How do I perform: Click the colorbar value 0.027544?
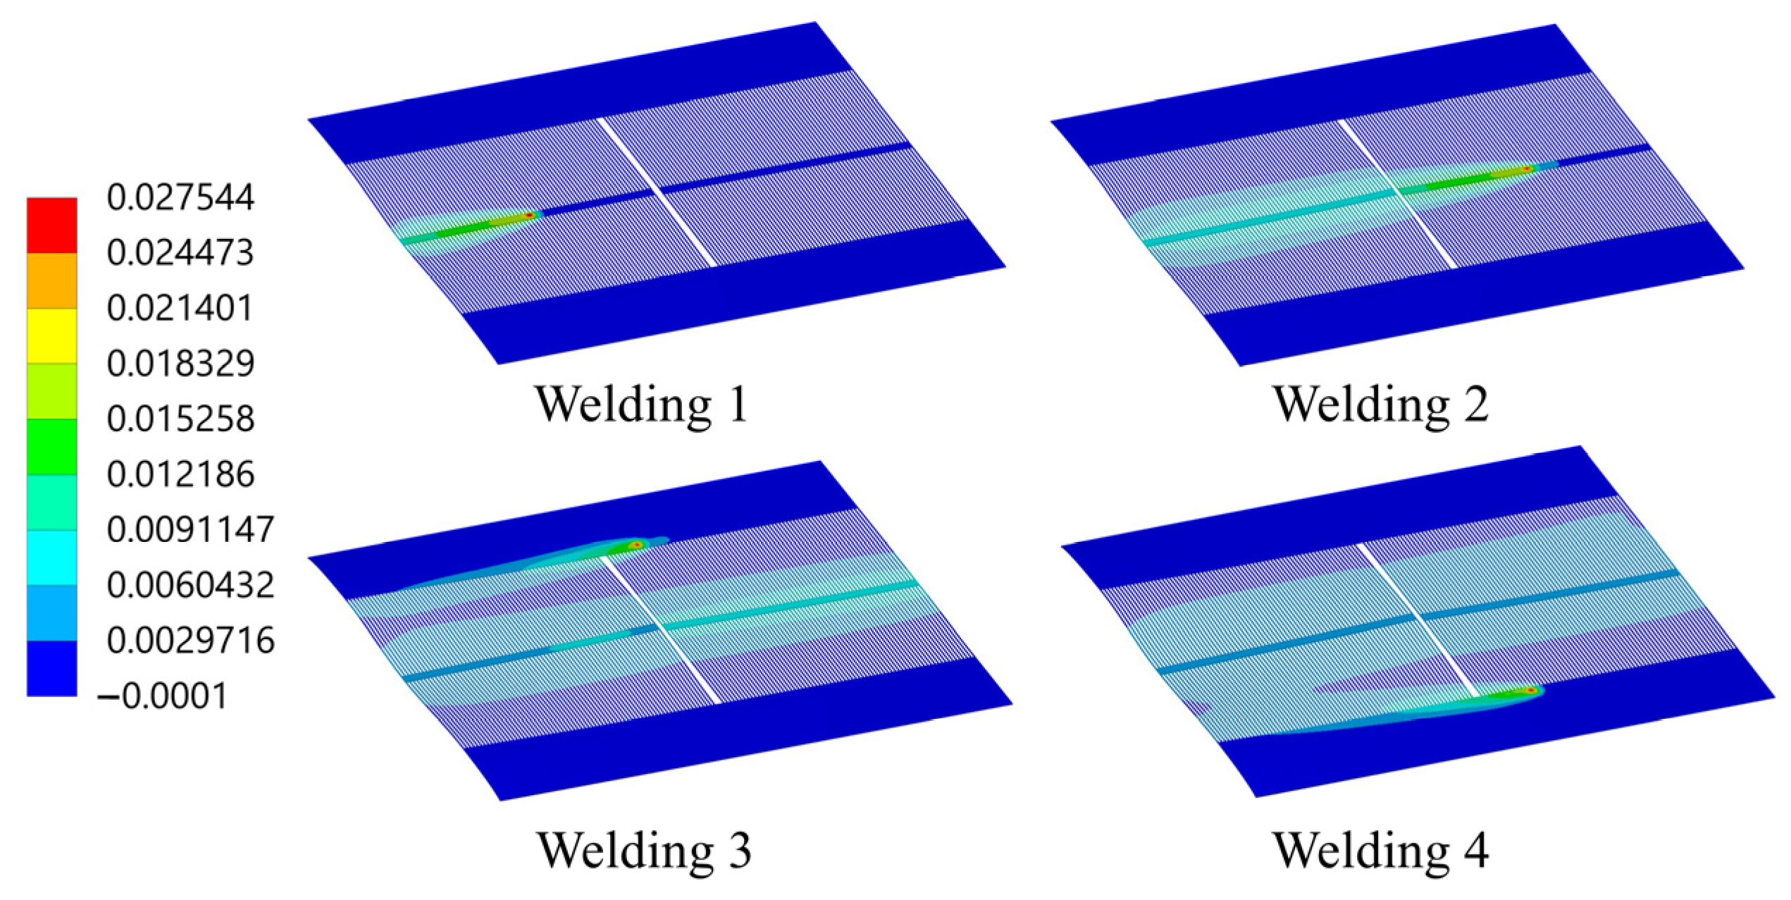point(180,197)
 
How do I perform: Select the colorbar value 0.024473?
point(180,253)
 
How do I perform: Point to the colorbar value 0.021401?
point(180,309)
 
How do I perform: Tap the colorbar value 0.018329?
point(180,364)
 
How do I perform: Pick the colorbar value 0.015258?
point(180,419)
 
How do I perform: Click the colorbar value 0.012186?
point(180,474)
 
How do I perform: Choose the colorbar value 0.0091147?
point(190,530)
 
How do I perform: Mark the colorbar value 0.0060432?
point(190,586)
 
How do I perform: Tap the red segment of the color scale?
point(51,225)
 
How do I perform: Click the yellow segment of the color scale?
point(51,335)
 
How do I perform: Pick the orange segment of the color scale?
point(51,281)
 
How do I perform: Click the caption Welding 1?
point(641,405)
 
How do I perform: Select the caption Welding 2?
point(1381,405)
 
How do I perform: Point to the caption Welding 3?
point(644,850)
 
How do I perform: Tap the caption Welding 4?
point(1381,850)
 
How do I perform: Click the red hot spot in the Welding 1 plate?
point(529,215)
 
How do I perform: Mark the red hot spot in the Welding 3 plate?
point(636,545)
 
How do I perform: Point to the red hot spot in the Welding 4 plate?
point(1531,691)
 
